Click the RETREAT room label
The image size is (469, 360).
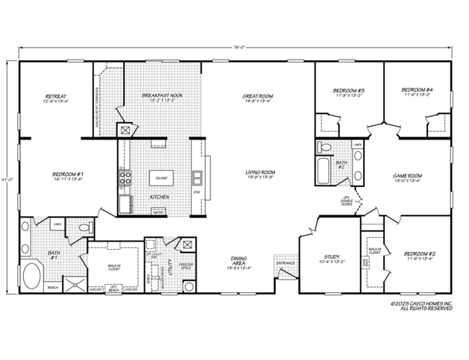click(56, 98)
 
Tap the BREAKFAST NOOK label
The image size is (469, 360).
click(163, 97)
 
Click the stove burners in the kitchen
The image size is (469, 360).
click(124, 178)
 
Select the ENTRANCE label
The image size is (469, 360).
click(286, 263)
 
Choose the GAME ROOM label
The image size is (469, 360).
click(408, 177)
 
